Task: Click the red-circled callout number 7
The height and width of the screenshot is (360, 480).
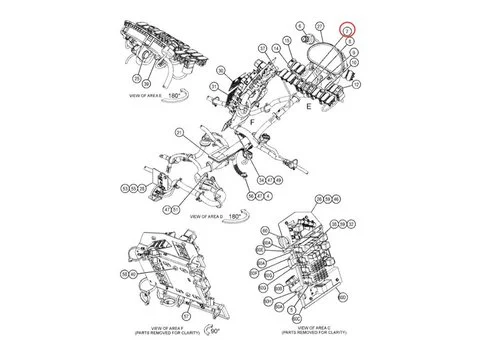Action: (x=346, y=30)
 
